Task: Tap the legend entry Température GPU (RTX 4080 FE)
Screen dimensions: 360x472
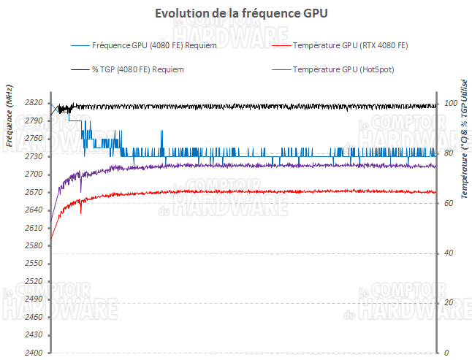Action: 350,46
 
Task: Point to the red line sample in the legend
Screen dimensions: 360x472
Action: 279,46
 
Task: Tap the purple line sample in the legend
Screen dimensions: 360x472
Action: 279,70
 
